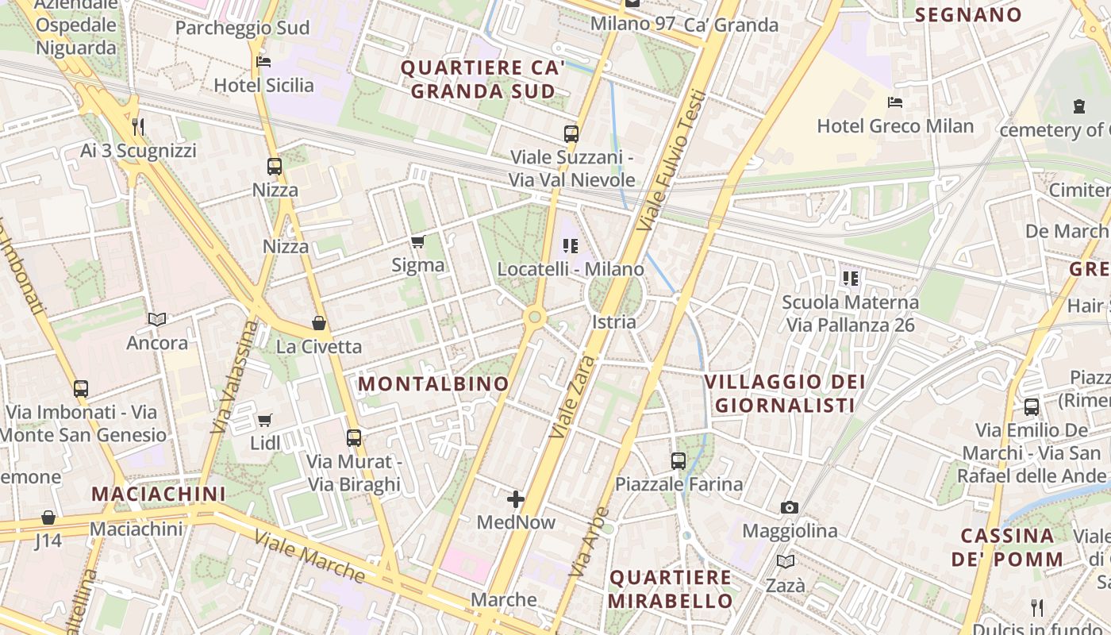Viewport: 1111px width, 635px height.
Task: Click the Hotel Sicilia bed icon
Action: (263, 62)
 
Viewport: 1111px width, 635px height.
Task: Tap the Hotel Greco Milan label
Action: (895, 126)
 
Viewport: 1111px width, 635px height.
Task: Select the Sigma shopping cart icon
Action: (417, 241)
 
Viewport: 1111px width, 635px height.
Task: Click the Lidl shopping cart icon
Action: (264, 419)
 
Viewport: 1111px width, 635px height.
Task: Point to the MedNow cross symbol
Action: (516, 499)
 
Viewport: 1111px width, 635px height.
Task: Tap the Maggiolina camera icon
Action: (790, 507)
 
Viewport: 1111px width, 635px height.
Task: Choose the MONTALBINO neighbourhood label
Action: (433, 384)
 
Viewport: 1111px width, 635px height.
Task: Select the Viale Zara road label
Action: (571, 397)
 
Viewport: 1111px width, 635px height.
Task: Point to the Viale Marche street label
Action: (309, 556)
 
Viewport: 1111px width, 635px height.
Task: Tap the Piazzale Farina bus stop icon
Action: (679, 460)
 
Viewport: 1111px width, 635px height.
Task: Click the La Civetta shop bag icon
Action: (319, 323)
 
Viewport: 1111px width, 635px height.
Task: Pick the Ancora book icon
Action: (157, 319)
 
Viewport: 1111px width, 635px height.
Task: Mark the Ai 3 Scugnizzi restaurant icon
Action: (138, 126)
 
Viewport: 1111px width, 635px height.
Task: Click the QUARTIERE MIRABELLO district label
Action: (671, 589)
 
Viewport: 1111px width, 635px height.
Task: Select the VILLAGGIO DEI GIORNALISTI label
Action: (786, 394)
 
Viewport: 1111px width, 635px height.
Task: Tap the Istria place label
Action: (614, 321)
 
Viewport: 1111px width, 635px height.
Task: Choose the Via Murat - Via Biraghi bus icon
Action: (354, 437)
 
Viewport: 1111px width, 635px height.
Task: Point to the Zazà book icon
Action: (786, 562)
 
